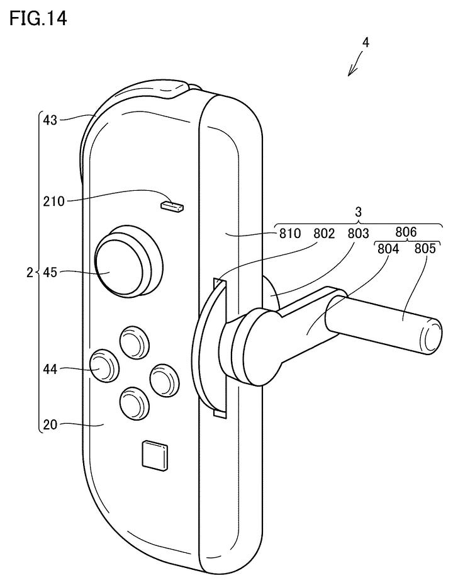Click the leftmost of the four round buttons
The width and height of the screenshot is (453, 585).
103,365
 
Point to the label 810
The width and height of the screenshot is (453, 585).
291,234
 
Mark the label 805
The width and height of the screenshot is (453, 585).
425,249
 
